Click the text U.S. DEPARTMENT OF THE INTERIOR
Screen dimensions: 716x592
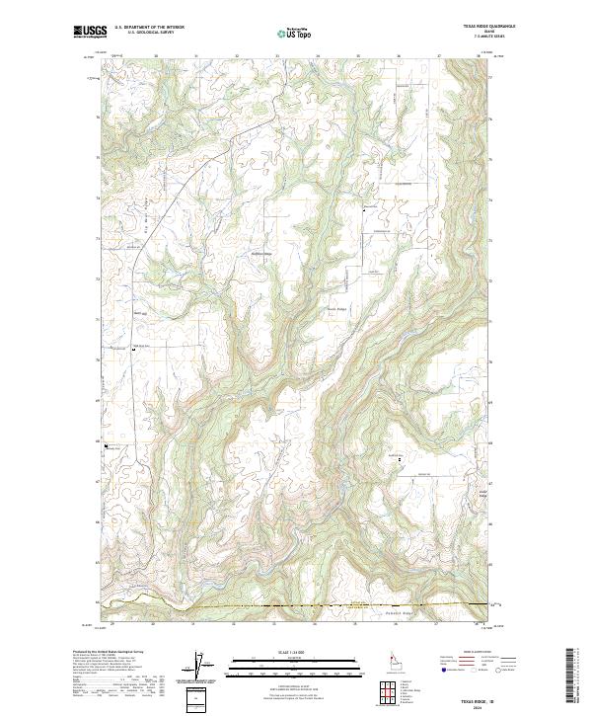click(148, 29)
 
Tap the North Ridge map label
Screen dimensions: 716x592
click(336, 308)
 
